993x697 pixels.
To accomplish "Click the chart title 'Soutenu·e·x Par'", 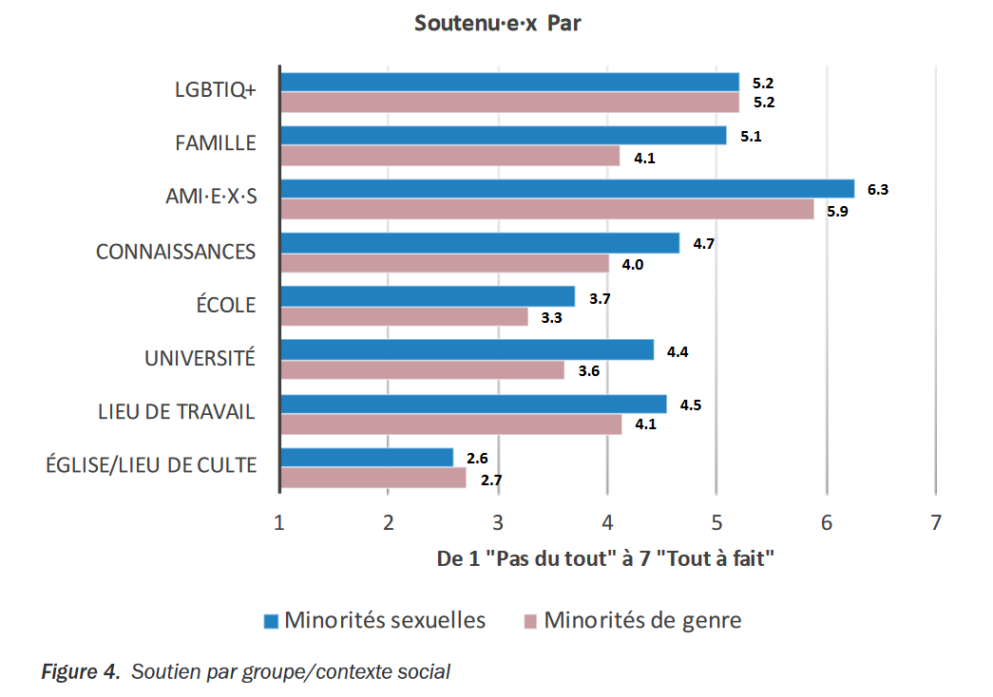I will pos(497,24).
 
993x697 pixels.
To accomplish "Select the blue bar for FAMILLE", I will pos(503,136).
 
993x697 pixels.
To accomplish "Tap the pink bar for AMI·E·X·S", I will pos(546,210).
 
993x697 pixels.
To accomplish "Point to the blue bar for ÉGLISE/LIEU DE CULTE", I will pos(366,458).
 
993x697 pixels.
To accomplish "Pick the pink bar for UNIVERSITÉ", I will pos(422,370).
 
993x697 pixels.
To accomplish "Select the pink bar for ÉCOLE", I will pos(403,317).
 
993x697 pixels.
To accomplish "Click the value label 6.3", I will pos(878,190).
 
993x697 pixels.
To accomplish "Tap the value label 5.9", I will pos(837,211).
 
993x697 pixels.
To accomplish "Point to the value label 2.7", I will pos(491,480).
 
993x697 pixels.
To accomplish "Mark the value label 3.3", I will pos(551,318).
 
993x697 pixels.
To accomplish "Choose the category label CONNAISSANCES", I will pos(176,252).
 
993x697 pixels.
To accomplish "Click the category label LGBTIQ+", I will pos(216,90).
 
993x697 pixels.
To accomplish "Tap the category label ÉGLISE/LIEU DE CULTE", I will pos(151,464).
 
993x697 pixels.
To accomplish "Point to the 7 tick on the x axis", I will pos(936,522).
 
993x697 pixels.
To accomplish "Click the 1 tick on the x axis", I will pos(278,522).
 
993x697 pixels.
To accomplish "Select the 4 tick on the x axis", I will pos(607,522).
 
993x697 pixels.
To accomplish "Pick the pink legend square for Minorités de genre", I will pos(531,622).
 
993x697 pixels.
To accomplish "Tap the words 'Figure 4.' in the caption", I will pos(81,672).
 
